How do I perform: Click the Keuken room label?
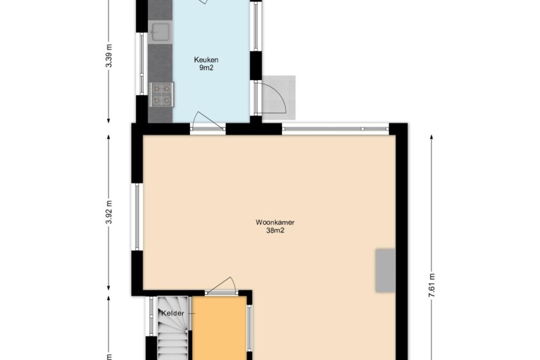[x=206, y=60]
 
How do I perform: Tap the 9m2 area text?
[x=206, y=68]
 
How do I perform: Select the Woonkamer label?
[x=275, y=223]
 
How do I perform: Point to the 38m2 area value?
[x=275, y=231]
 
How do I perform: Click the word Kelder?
[x=173, y=313]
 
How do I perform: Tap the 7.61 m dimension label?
[x=432, y=285]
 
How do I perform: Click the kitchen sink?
[x=160, y=33]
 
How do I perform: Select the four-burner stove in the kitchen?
[x=161, y=95]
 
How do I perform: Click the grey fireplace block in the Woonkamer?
[x=386, y=271]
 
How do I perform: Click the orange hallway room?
[x=220, y=328]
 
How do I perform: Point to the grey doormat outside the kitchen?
[x=279, y=98]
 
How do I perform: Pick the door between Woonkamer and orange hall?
[x=221, y=286]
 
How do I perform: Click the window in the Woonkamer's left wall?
[x=137, y=217]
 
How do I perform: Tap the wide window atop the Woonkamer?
[x=335, y=129]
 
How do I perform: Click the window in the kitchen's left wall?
[x=142, y=63]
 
